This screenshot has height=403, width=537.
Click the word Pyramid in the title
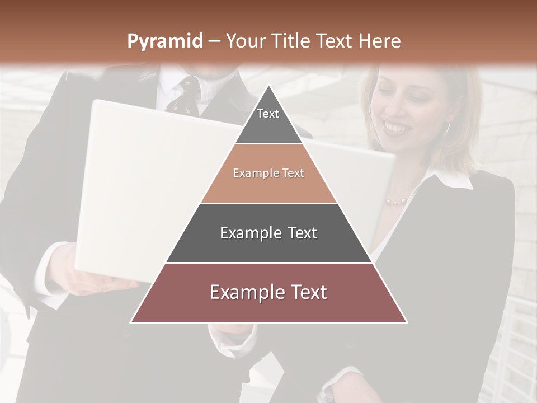(x=165, y=41)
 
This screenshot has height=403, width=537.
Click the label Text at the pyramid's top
(x=268, y=114)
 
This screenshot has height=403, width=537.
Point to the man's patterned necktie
(x=185, y=95)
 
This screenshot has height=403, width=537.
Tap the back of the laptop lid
(x=145, y=185)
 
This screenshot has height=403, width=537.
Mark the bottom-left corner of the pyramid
(x=131, y=322)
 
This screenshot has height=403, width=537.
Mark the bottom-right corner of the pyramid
(x=407, y=322)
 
